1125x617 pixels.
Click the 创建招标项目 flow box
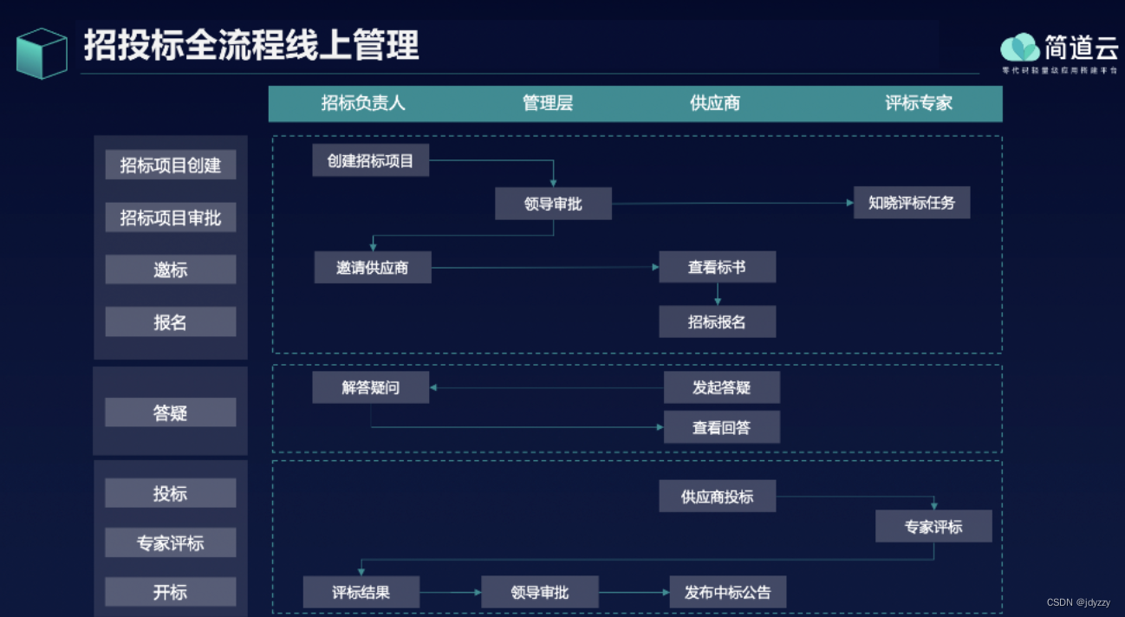tap(370, 160)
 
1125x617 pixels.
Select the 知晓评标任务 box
tap(911, 203)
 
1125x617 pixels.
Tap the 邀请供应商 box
tap(372, 268)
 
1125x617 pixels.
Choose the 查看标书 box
tap(717, 267)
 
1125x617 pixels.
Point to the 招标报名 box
tap(717, 321)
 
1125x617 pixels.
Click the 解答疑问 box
tap(370, 387)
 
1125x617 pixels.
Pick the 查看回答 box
tap(721, 427)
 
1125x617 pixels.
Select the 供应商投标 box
tap(717, 497)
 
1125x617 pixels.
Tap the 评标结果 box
tap(361, 593)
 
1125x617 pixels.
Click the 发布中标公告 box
tap(727, 593)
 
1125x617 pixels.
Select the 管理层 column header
tap(548, 103)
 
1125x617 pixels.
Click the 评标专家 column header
tap(919, 103)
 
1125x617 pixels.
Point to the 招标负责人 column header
tap(363, 103)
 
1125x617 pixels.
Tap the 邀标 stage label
tap(170, 270)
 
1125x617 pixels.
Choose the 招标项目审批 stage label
tap(170, 218)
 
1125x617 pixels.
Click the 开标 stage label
tap(170, 593)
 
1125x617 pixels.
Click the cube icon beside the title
tap(42, 53)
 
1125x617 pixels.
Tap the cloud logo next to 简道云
tap(1020, 47)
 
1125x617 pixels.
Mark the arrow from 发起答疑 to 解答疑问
tap(546, 387)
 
